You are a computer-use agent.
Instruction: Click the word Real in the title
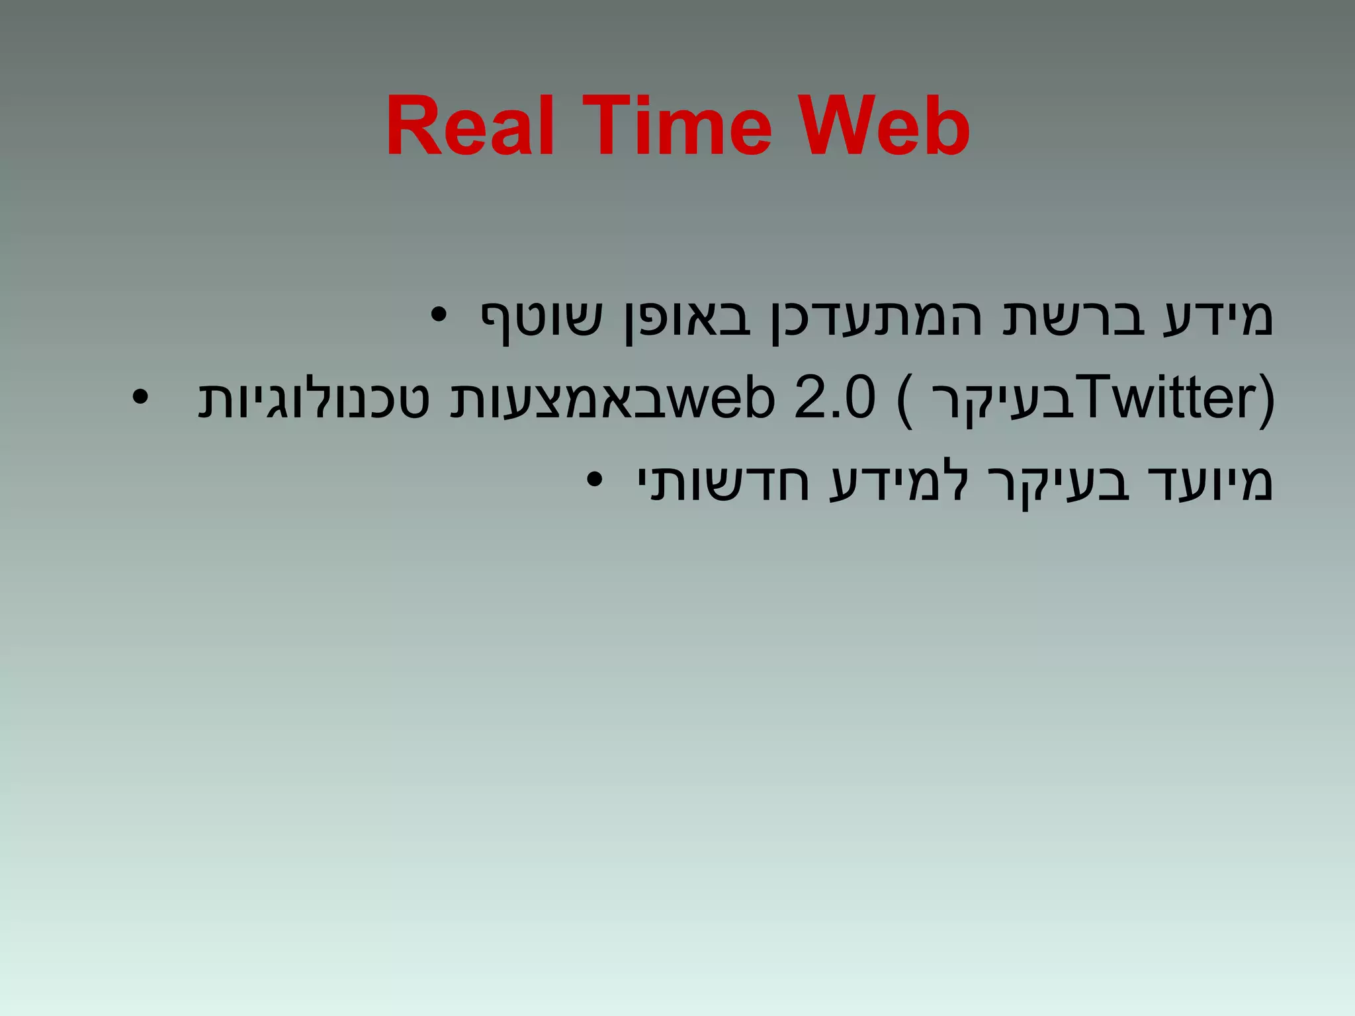469,126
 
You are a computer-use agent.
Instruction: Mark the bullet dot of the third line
595,479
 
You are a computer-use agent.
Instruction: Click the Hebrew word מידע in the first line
1217,317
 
